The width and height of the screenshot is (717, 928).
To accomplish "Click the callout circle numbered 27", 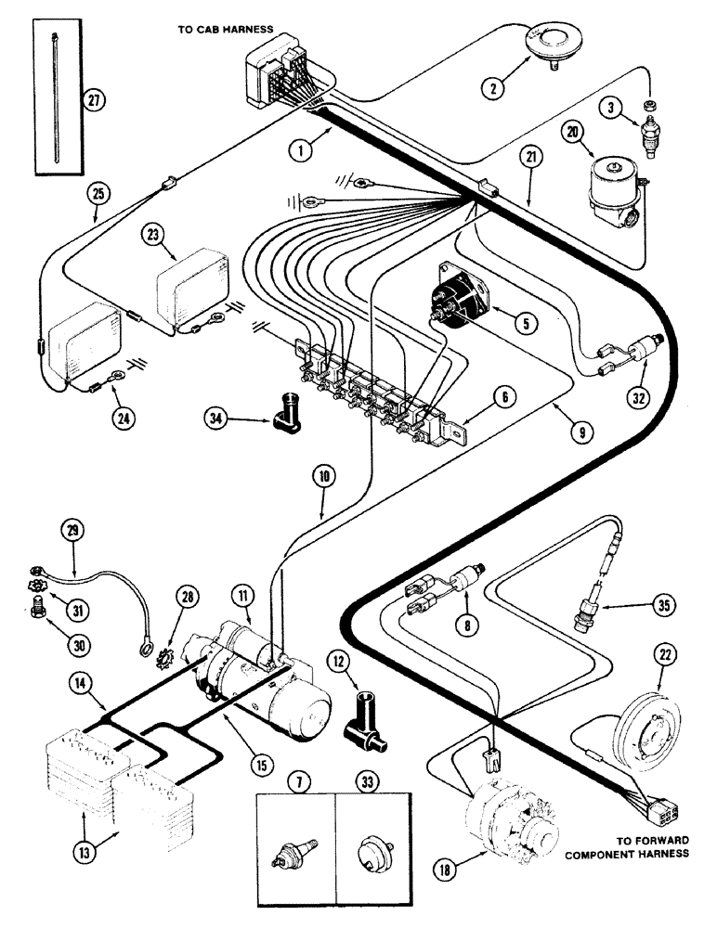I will click(x=91, y=101).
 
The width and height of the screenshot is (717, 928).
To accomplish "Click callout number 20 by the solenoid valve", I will click(x=572, y=134).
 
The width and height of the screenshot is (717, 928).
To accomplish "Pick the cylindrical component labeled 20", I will click(x=613, y=193).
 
